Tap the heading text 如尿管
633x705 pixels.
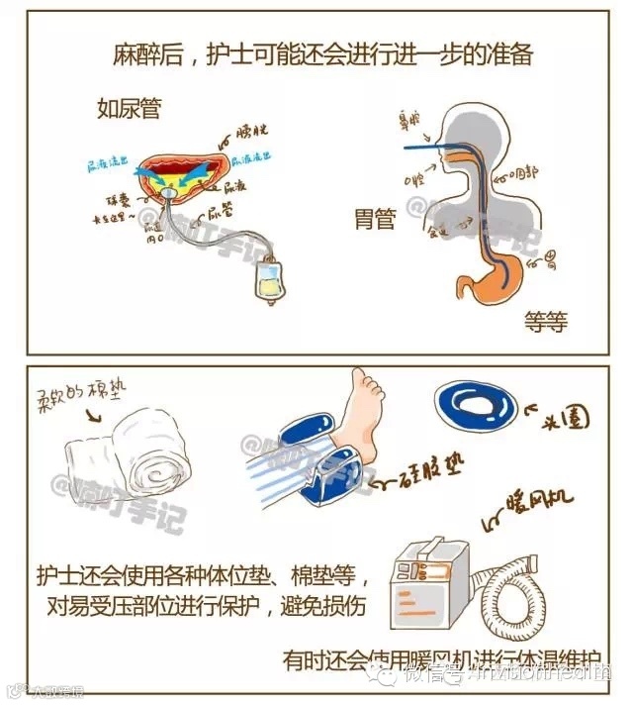point(126,106)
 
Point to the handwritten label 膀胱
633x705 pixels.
point(249,133)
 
